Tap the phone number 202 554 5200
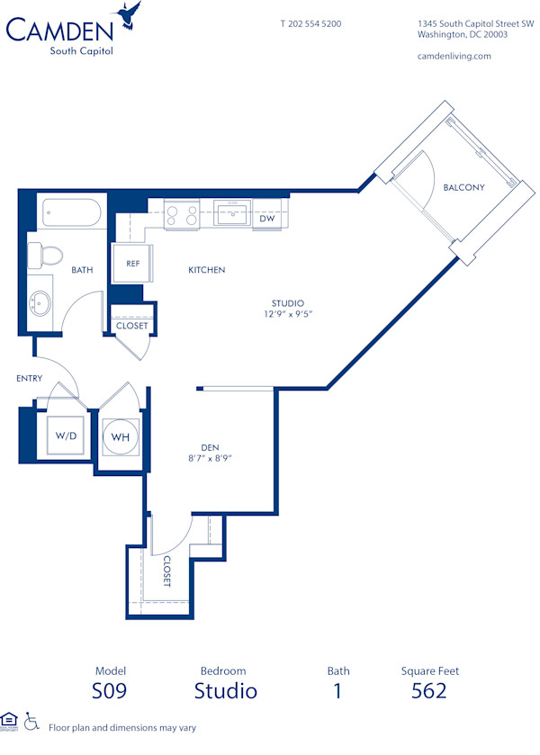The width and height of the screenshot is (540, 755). click(310, 23)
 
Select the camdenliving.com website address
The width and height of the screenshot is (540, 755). click(454, 56)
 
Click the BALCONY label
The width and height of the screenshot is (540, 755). click(463, 188)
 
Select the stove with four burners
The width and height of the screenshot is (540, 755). click(181, 216)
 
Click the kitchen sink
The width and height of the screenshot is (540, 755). click(233, 214)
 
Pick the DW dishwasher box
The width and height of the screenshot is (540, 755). click(267, 219)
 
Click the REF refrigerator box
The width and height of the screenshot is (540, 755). click(132, 264)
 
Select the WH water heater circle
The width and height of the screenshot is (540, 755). click(120, 437)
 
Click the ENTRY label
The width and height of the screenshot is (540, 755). click(29, 379)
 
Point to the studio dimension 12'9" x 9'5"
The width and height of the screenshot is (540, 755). click(287, 314)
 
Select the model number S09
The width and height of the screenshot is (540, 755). click(110, 691)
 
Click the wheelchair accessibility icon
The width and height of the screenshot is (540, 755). click(31, 721)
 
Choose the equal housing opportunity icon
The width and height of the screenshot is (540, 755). click(10, 720)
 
